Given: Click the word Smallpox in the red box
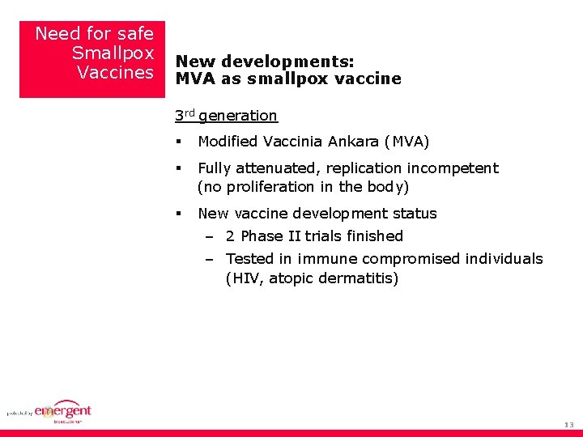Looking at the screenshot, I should click(113, 53).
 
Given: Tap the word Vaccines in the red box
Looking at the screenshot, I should click(115, 73).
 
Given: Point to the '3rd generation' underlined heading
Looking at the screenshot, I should click(226, 116).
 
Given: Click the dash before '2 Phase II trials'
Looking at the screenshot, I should click(209, 236).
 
